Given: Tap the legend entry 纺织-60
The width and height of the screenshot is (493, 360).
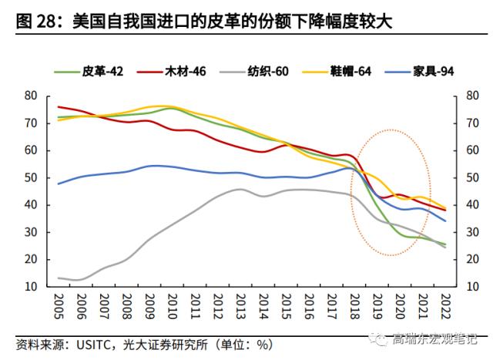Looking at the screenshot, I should coord(266,72).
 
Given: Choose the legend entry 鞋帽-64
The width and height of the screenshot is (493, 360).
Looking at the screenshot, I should coord(352,72).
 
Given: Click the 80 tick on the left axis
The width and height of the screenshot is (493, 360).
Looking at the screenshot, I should coord(31,96).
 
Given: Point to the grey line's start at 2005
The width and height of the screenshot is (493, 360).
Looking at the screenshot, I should coord(59,278).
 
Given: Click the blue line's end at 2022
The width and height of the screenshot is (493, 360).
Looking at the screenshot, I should coord(445,221).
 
